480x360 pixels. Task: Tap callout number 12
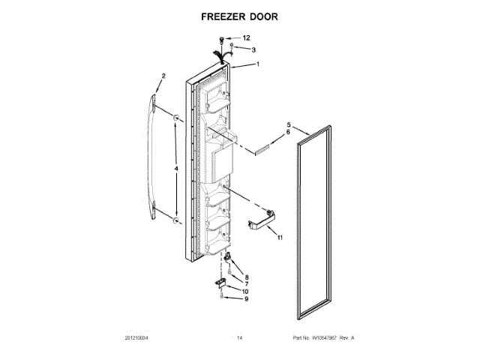click(x=247, y=37)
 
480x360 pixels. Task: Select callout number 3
click(x=253, y=50)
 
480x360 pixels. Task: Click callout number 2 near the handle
click(x=163, y=75)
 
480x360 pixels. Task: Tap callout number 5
click(x=288, y=124)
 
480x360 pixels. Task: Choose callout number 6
click(x=288, y=133)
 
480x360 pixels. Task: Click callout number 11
click(x=280, y=238)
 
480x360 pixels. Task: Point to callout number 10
click(x=246, y=291)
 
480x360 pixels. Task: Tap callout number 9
click(x=246, y=299)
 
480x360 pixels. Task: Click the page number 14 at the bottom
click(x=240, y=338)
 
